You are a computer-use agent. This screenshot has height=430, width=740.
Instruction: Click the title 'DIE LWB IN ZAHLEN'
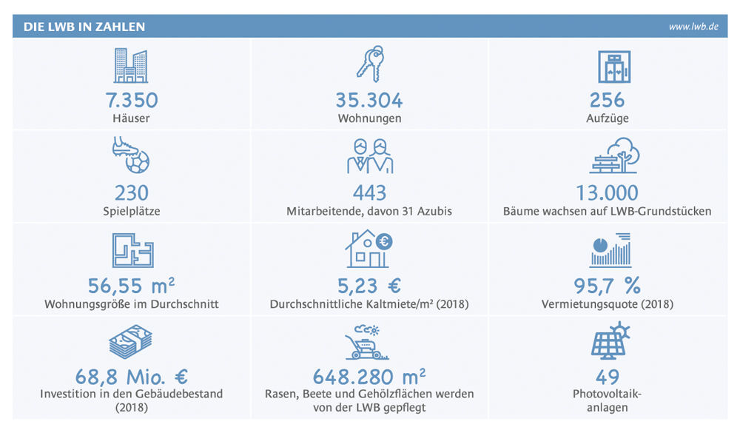pos(84,27)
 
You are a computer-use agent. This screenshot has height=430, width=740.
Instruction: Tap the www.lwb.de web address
pos(693,27)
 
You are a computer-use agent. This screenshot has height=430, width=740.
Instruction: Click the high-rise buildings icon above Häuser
pos(131,66)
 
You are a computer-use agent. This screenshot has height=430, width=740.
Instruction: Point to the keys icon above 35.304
pos(370,63)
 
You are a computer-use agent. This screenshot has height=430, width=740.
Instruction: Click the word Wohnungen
pos(369,118)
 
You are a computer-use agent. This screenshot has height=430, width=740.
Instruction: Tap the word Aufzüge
pos(608,118)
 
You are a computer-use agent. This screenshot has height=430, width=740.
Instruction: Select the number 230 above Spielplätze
pos(132,193)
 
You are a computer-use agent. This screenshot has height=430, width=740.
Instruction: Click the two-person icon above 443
pos(369,155)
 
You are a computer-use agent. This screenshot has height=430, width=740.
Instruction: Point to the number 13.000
pos(607,193)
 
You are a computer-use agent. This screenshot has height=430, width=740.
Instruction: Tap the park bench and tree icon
pos(613,156)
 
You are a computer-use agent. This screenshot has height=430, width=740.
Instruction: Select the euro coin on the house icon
pos(384,241)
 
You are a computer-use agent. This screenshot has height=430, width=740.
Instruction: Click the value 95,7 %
pos(608,286)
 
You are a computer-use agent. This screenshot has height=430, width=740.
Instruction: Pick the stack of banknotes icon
pos(132,342)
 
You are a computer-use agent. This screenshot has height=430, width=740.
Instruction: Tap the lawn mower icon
pos(368,342)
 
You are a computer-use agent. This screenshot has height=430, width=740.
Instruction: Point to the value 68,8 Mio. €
pos(132,377)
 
